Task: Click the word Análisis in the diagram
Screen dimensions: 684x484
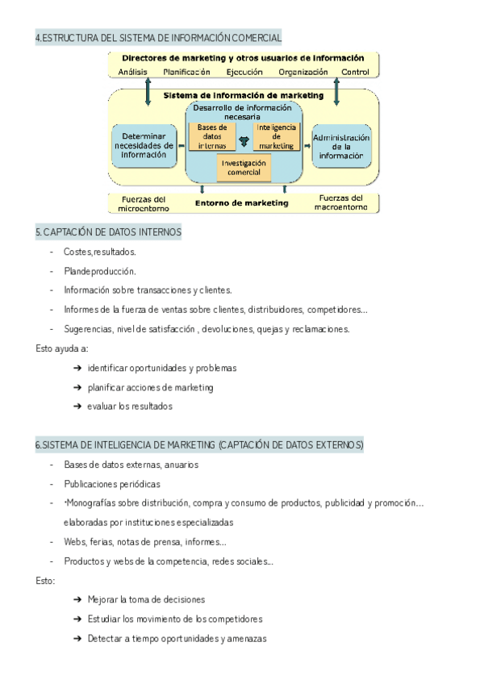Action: point(132,72)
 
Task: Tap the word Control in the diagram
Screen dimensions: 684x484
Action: point(355,72)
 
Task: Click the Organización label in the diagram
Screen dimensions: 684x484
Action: point(302,72)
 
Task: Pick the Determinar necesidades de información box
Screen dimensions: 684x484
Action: point(144,146)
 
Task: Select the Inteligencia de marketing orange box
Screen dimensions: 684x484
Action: point(276,136)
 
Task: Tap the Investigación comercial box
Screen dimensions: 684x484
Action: point(244,168)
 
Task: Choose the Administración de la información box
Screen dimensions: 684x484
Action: point(341,146)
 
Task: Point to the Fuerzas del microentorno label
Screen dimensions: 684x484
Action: point(144,202)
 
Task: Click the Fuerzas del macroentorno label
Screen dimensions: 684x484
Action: point(341,202)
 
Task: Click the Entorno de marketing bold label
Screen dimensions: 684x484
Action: point(243,203)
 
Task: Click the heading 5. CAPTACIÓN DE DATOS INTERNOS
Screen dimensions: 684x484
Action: point(108,232)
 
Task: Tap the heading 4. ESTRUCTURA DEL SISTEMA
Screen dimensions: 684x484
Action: point(159,38)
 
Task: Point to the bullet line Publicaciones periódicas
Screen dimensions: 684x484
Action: point(112,484)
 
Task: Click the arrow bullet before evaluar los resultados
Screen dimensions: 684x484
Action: point(77,407)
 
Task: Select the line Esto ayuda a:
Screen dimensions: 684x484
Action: point(62,348)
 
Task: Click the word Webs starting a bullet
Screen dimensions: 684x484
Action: point(75,542)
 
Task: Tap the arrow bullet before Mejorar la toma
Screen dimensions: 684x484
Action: point(77,600)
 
